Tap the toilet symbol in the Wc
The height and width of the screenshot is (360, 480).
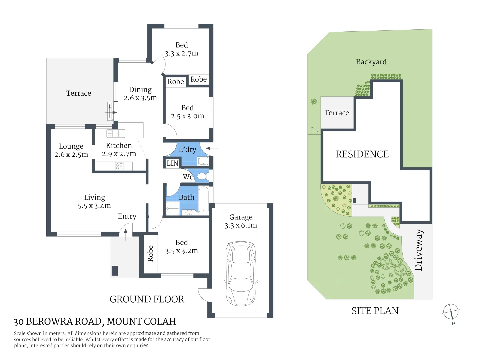202,176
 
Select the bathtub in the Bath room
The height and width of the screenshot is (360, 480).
203,199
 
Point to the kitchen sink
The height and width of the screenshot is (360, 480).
116,134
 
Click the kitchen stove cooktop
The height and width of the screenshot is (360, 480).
119,166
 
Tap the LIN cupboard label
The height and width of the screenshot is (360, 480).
172,163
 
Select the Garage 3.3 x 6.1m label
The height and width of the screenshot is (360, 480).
241,221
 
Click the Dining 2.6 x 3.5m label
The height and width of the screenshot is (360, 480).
140,94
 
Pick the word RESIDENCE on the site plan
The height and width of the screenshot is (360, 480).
362,154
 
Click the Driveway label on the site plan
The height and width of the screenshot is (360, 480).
418,250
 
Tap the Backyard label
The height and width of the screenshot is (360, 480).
371,62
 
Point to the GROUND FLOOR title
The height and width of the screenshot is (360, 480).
147,299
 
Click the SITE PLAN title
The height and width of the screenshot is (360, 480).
375,311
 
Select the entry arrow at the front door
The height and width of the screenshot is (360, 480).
125,235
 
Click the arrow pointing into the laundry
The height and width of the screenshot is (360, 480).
212,148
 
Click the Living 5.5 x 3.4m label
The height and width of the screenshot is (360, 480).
94,202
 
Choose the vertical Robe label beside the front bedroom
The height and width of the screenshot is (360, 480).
150,253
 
